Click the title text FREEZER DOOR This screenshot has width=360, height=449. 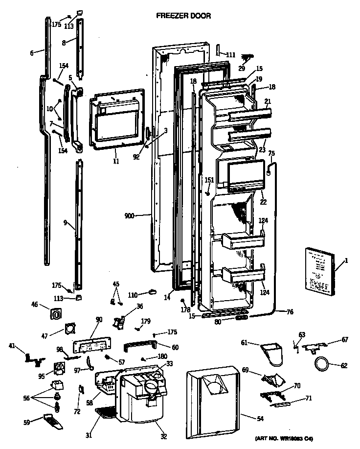(183, 16)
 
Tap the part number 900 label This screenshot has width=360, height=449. (130, 215)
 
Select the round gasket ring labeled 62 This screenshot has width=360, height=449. (320, 364)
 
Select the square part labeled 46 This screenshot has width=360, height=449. (56, 311)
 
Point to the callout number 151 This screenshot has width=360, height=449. (209, 180)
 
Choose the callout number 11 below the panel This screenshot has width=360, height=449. (116, 160)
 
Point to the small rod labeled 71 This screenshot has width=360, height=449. (283, 403)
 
